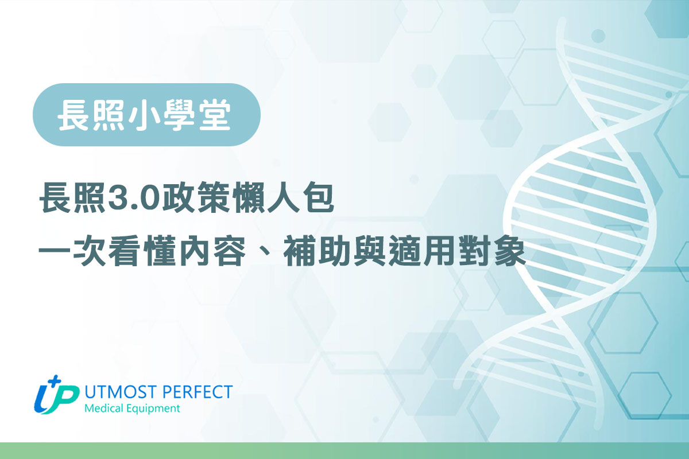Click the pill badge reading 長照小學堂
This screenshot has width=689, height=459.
(146, 115)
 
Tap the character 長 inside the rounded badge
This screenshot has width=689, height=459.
(72, 115)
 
